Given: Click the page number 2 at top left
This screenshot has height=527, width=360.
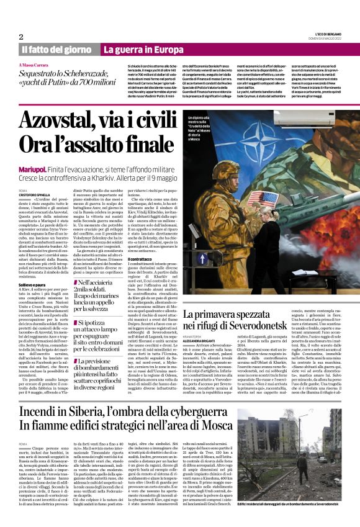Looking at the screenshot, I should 20,37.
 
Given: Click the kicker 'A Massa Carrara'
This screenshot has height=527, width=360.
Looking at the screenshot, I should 35,65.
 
